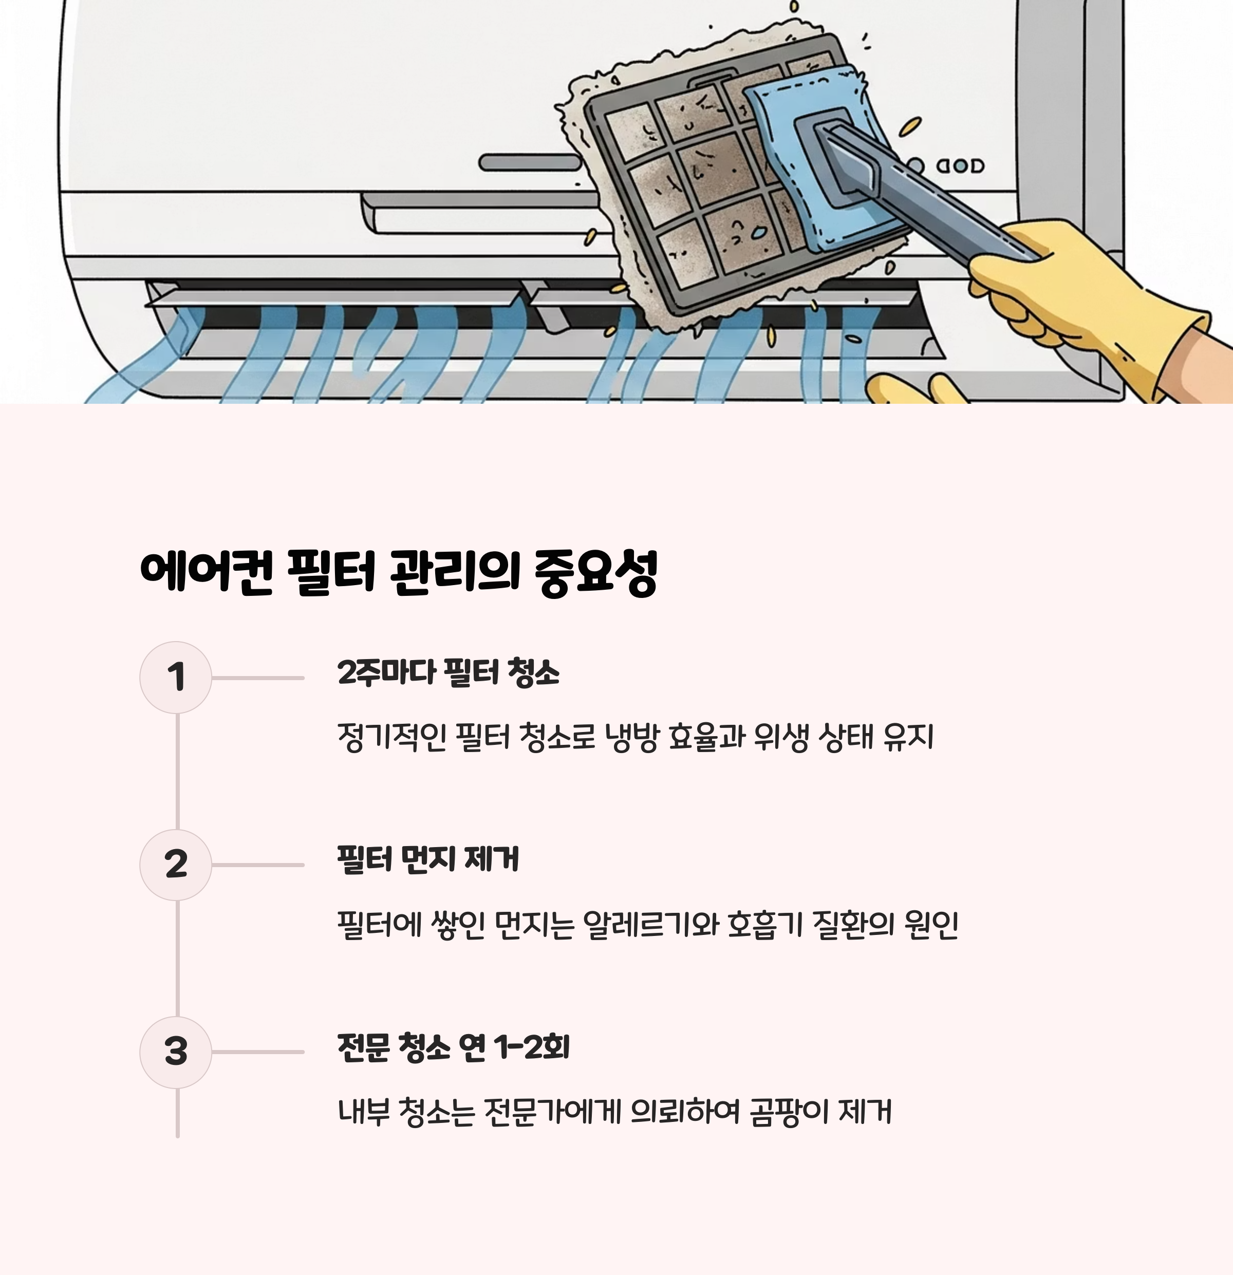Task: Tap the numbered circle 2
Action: (176, 865)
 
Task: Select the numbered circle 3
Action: (176, 1052)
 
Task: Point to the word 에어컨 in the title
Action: (206, 572)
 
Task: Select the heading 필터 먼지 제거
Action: (428, 859)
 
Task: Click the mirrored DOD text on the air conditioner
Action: (960, 166)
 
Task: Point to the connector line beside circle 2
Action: (258, 865)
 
